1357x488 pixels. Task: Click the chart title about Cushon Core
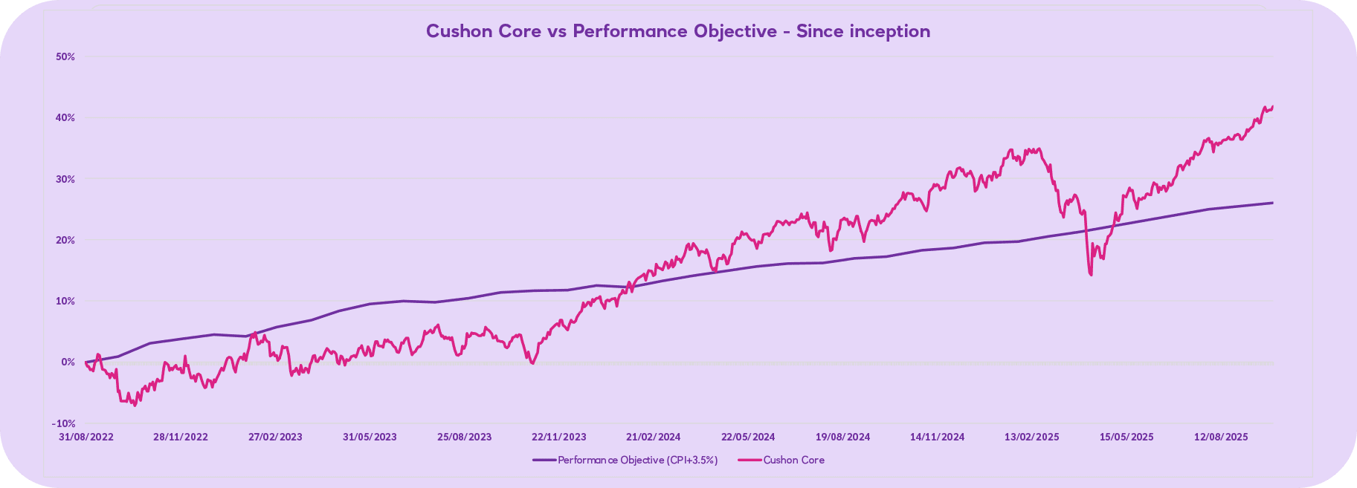(x=677, y=31)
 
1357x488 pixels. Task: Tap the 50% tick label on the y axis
(x=65, y=56)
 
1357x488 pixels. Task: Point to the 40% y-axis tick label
(x=65, y=118)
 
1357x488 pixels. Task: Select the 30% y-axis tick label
(x=65, y=179)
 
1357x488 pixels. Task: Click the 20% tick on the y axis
(x=65, y=240)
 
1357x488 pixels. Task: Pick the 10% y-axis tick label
(x=65, y=301)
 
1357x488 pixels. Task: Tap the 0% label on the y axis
(x=68, y=362)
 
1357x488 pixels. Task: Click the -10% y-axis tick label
(x=64, y=423)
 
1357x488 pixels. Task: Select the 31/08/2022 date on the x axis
(x=86, y=437)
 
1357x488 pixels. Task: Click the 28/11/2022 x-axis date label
(x=181, y=437)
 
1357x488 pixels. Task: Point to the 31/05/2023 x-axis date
(x=370, y=437)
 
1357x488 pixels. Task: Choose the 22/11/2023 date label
(x=559, y=437)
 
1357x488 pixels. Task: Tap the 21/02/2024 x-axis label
(x=653, y=437)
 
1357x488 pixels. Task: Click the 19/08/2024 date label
(x=842, y=437)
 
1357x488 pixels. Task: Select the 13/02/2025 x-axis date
(x=1031, y=437)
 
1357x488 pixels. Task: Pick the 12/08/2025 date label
(x=1221, y=437)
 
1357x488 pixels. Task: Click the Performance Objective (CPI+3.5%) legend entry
(x=625, y=461)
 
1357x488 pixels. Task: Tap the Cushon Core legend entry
(x=781, y=461)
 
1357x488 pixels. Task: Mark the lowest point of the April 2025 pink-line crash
(x=1091, y=275)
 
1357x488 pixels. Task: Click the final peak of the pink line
(x=1272, y=106)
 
